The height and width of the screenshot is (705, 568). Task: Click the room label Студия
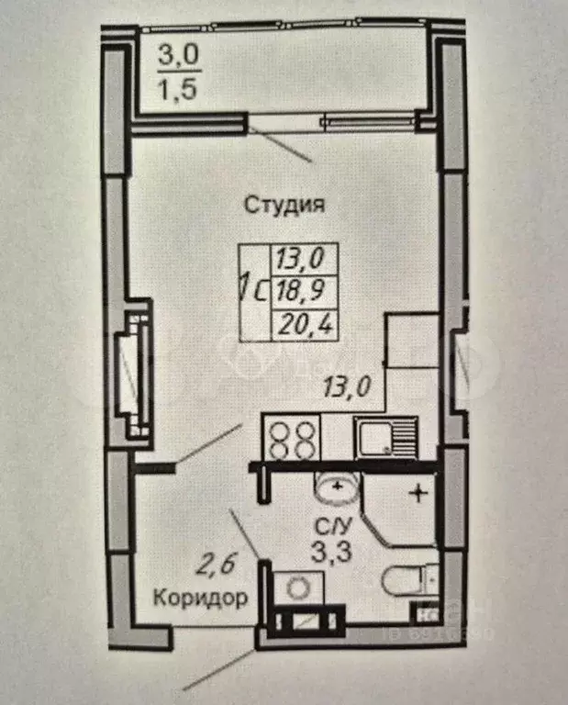coord(284,205)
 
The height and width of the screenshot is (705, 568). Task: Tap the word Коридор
coord(199,599)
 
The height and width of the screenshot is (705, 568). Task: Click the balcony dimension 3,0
coord(176,56)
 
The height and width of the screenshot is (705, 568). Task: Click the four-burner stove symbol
coord(292,438)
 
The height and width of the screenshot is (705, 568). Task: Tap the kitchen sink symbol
coord(386,438)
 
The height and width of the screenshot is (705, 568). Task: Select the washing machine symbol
coord(297,587)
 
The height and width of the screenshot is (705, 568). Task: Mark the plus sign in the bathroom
coord(418,494)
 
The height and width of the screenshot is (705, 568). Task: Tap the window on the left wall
coord(129,372)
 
